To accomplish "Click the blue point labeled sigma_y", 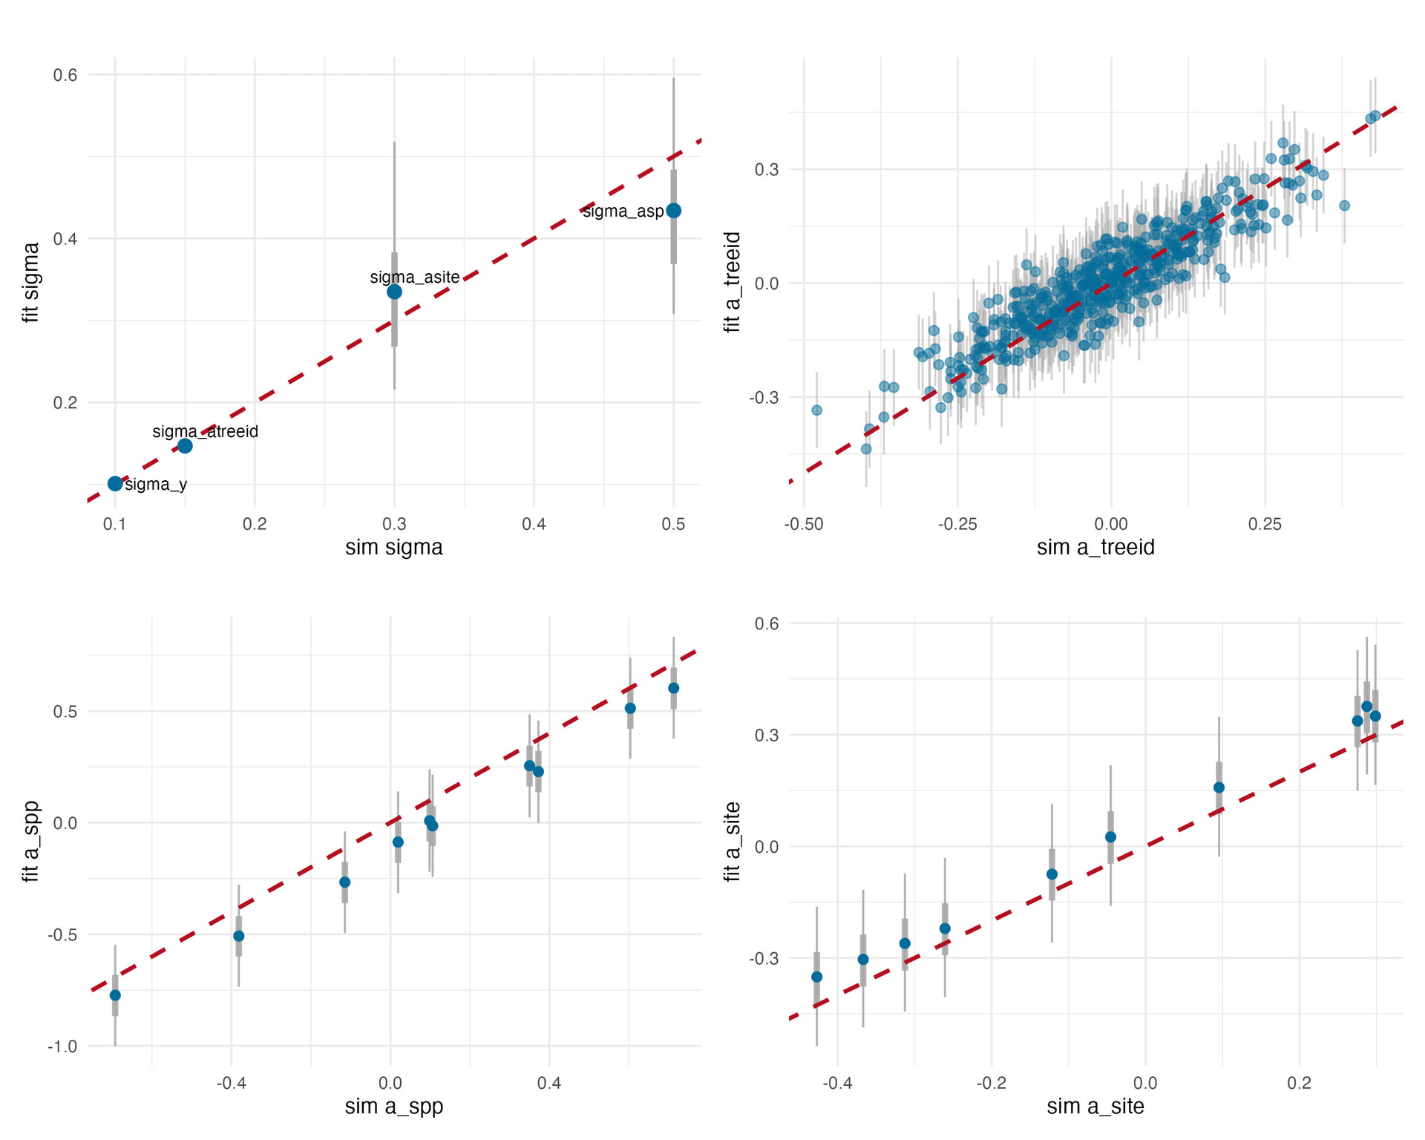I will coord(115,483).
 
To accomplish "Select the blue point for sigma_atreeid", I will coord(185,445).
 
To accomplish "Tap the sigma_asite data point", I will coord(394,292).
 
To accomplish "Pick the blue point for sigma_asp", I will coord(673,211).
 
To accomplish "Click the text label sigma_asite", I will coord(415,278).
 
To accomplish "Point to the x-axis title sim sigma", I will coord(394,548).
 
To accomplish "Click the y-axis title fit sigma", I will coord(31,282).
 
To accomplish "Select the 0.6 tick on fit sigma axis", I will coord(65,75).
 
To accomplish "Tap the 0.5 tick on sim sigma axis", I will coord(673,525).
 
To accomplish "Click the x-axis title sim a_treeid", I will coord(1095,548).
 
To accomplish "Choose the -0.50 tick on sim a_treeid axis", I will coord(804,525).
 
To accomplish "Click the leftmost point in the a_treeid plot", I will coord(816,410).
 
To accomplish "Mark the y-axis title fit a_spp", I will coord(31,842).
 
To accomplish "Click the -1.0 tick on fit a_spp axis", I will coord(62,1046).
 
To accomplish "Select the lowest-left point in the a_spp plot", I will coord(115,995).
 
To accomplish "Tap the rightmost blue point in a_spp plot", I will coord(673,688).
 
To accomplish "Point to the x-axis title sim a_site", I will coord(1095,1107).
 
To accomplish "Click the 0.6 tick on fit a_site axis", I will coord(767,623).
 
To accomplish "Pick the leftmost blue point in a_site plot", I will coord(816,977).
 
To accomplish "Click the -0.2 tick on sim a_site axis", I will coord(992,1084).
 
